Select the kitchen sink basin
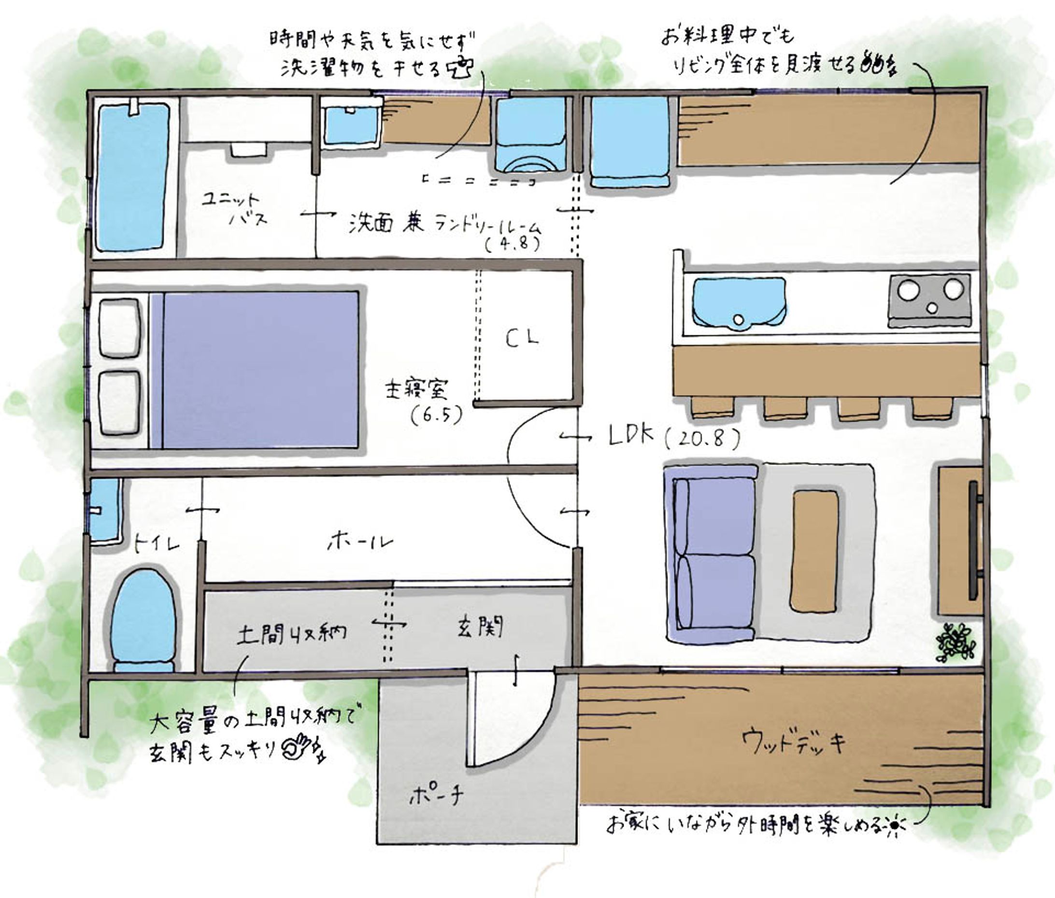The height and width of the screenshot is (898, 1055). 738,301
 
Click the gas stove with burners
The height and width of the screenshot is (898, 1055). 930,300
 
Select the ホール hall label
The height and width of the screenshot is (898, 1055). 360,542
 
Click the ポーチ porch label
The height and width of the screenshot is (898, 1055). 436,795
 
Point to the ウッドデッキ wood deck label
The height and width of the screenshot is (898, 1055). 793,741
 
